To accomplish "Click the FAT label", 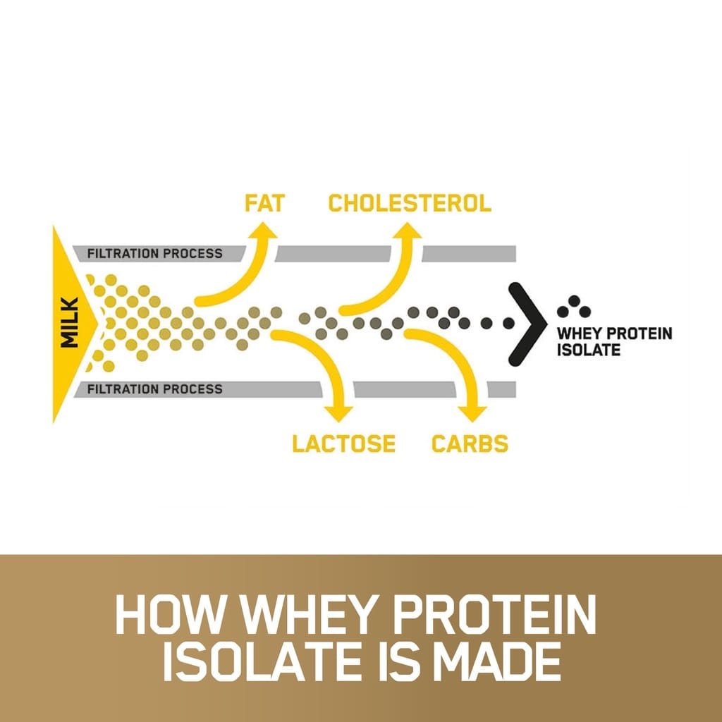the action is pyautogui.click(x=264, y=204).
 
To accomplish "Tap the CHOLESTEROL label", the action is pyautogui.click(x=410, y=204).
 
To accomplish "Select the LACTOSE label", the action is pyautogui.click(x=344, y=443).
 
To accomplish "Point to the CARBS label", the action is pyautogui.click(x=470, y=443).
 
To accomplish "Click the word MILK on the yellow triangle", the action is pyautogui.click(x=70, y=322).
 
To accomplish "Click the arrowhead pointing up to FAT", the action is pyautogui.click(x=263, y=231).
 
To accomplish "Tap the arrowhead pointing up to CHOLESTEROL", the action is pyautogui.click(x=408, y=231).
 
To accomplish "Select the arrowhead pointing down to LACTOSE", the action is pyautogui.click(x=338, y=413).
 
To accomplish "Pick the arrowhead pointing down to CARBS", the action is pyautogui.click(x=472, y=413).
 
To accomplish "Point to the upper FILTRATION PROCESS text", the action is pyautogui.click(x=154, y=254).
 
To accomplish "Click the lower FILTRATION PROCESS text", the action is pyautogui.click(x=154, y=389).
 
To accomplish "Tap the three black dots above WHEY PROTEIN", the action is pyautogui.click(x=574, y=307).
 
